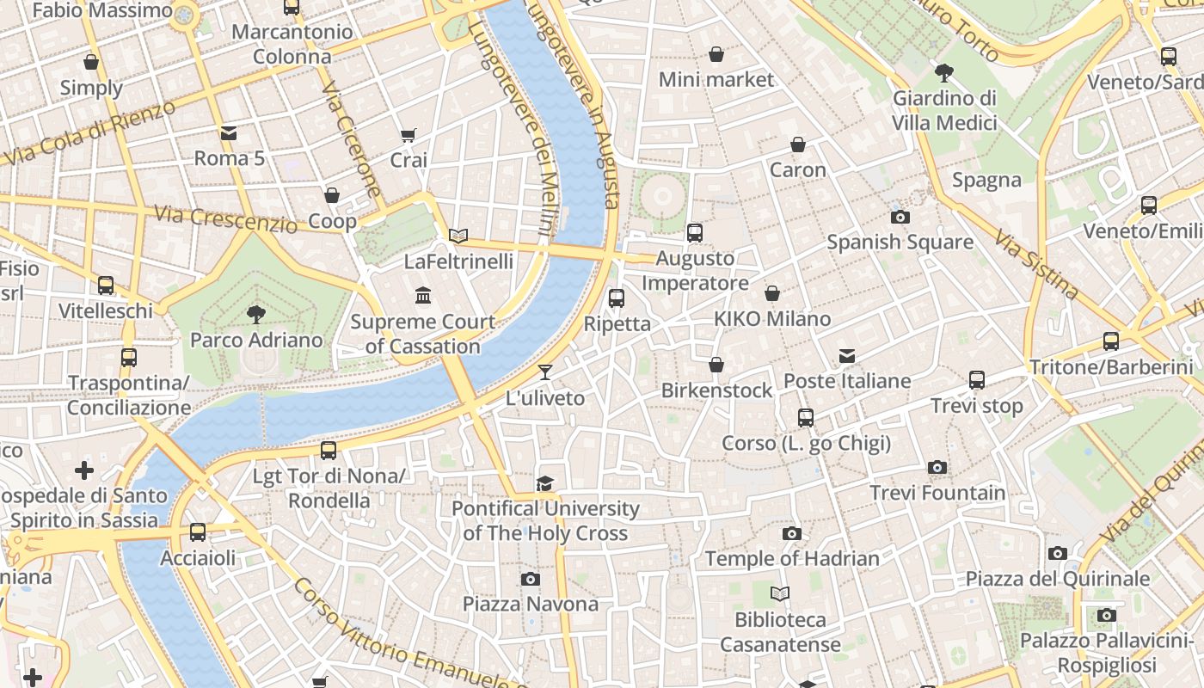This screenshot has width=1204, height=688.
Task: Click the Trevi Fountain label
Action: (x=937, y=493)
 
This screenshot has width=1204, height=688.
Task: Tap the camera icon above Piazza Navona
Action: (x=531, y=579)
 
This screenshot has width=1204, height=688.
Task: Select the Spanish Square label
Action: (x=900, y=242)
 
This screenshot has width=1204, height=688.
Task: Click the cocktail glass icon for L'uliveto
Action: (x=544, y=372)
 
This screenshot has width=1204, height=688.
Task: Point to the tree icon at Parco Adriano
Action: (x=255, y=315)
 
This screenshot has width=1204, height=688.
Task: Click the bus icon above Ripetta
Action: (x=617, y=298)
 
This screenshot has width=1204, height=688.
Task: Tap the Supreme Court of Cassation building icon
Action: (x=423, y=296)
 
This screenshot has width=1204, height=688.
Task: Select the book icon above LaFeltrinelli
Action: (x=458, y=236)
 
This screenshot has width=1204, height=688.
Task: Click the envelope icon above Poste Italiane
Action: (x=847, y=356)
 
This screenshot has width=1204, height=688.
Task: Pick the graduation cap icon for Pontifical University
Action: (x=544, y=483)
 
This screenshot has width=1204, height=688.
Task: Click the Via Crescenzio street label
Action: (x=225, y=218)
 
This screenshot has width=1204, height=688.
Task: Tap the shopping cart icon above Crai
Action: (x=408, y=135)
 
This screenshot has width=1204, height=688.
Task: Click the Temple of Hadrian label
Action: (x=792, y=558)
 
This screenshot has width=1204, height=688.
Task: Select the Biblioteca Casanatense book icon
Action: (x=780, y=594)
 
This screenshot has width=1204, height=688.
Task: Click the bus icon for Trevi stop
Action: (x=977, y=380)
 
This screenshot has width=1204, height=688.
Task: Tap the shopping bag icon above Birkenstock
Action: (x=716, y=365)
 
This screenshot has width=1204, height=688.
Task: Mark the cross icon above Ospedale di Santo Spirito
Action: (x=84, y=470)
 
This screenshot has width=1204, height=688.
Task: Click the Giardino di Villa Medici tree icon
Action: (x=944, y=72)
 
